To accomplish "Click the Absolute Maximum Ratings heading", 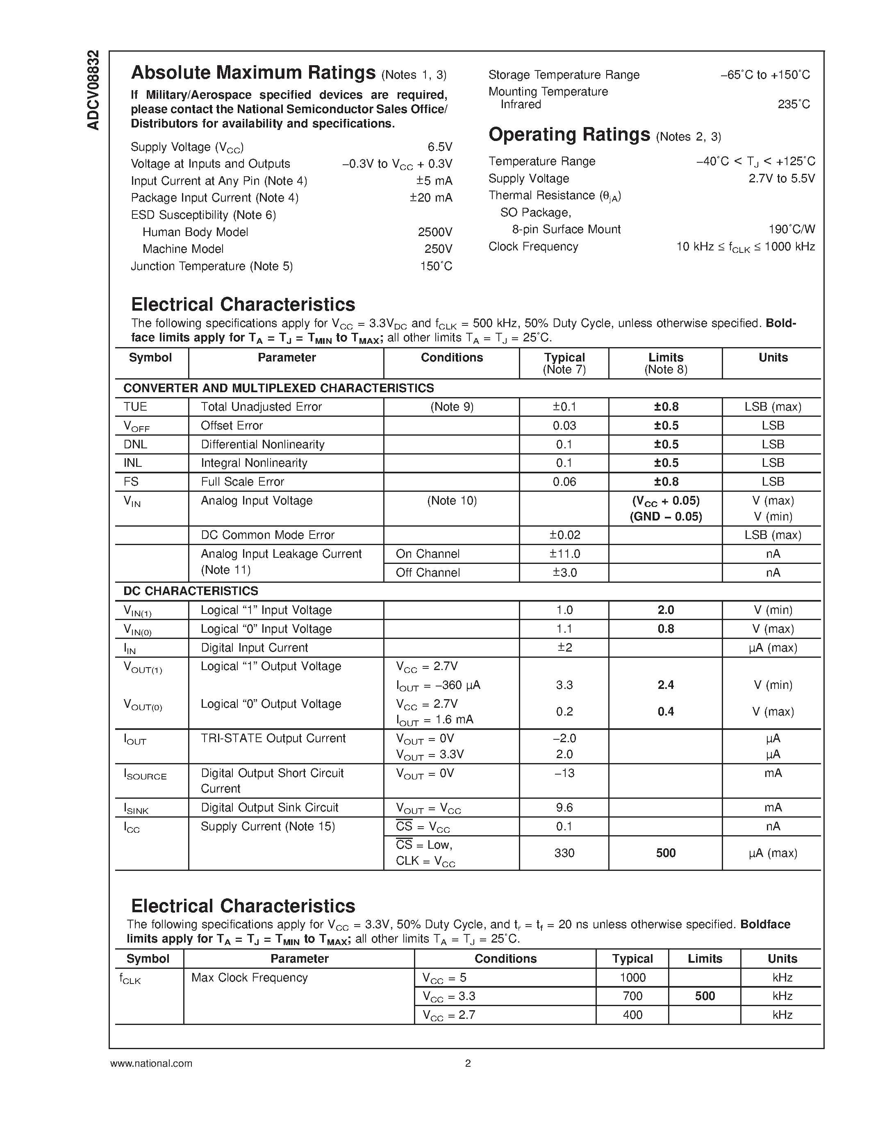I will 253,73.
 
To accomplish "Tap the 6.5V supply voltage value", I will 440,147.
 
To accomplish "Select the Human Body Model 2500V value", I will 434,232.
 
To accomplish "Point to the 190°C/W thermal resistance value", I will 791,229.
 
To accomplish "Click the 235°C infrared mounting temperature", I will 794,104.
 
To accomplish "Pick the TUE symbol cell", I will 136,407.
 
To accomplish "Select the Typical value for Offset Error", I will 564,426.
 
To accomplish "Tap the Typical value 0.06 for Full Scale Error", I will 564,482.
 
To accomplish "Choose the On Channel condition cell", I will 428,554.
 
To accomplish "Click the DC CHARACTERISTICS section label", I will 191,591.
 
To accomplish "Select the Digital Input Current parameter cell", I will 255,648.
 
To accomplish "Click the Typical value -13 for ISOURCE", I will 564,773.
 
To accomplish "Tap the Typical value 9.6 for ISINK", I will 564,808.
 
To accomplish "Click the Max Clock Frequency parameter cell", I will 249,978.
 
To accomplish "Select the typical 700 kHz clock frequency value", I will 632,996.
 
